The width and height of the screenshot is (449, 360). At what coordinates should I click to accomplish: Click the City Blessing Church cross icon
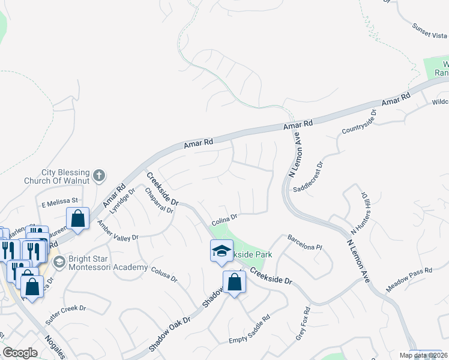(99, 176)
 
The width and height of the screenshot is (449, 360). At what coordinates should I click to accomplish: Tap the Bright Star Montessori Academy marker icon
(59, 262)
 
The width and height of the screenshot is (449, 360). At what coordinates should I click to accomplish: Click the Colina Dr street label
(225, 221)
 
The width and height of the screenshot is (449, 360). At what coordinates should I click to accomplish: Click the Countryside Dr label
(359, 121)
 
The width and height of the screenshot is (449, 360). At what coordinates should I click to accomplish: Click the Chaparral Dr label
(154, 200)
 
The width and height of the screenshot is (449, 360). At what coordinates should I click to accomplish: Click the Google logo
(20, 353)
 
